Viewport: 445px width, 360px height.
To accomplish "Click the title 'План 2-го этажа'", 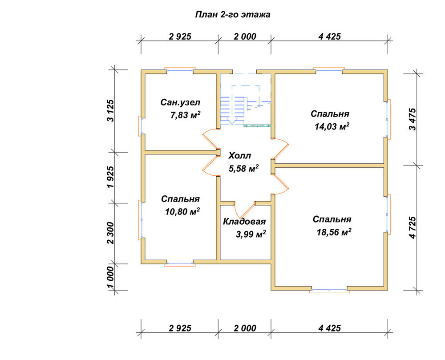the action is tap(233, 15).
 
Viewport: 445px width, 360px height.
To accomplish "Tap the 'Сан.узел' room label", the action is tap(181, 102).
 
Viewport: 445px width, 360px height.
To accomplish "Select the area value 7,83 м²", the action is tap(186, 115).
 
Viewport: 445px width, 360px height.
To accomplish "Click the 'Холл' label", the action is tap(240, 156).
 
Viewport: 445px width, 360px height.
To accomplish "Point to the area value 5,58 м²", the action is tap(244, 169).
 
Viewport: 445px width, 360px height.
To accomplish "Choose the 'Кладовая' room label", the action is tap(244, 222).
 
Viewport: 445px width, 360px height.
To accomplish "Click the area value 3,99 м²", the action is tap(251, 235).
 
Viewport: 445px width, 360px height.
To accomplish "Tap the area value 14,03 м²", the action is tap(332, 126).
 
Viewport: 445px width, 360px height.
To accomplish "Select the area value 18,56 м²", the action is tap(334, 232).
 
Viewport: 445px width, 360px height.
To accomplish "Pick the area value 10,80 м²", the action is tap(182, 212).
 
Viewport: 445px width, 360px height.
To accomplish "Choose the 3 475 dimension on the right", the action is tap(413, 119).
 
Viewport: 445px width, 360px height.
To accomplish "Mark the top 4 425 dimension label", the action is tap(329, 36).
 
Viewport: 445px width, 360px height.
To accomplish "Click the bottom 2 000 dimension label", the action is tap(245, 328).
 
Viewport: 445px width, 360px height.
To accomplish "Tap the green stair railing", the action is tap(257, 125).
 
